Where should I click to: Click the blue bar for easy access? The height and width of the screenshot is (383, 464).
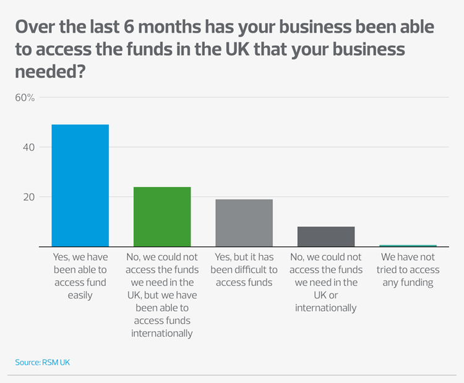click(x=80, y=185)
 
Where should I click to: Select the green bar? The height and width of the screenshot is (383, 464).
click(x=162, y=216)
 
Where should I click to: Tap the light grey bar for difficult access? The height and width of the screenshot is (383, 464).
click(x=244, y=222)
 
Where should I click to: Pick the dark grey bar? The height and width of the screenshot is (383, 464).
click(x=326, y=236)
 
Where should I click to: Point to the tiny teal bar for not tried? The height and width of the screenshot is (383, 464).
click(x=408, y=245)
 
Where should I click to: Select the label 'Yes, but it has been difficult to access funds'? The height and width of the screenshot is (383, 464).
click(x=244, y=270)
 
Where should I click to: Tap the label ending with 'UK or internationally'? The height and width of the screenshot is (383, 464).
click(x=326, y=282)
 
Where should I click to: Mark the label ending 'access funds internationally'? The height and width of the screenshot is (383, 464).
click(x=161, y=295)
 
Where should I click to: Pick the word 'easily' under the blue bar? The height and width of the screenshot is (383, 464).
click(x=80, y=295)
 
